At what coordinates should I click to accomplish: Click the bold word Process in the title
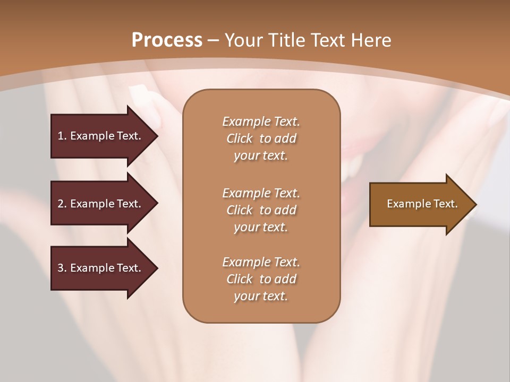pos(167,40)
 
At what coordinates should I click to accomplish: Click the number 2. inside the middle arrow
pos(62,204)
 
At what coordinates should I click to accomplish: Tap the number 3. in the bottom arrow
pos(62,268)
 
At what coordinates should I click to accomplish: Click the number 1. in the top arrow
pos(62,136)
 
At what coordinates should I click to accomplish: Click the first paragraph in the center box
pos(261,138)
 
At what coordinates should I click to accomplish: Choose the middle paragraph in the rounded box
pos(261,210)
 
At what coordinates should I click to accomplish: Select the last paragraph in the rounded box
pos(261,279)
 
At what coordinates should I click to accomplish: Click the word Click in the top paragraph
pos(239,138)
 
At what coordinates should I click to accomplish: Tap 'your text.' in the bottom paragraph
pos(261,297)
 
